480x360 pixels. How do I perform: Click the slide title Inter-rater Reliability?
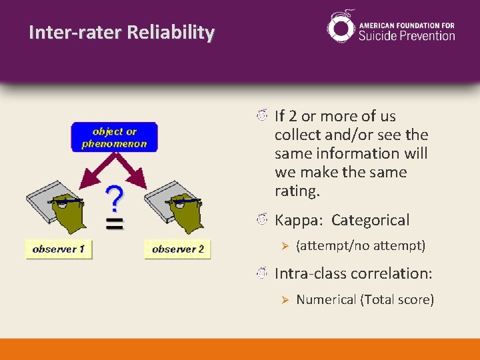coord(122,33)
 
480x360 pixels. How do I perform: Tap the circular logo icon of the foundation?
coord(341,27)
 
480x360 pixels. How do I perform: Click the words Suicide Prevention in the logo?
coord(407,35)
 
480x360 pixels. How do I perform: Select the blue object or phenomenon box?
coord(115,137)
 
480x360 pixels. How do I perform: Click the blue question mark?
coord(115,199)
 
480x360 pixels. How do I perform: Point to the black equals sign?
coord(115,224)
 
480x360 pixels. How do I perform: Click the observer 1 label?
coord(59,249)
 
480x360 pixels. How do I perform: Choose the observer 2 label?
coord(177,249)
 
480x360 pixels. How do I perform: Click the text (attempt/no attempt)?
coord(361,246)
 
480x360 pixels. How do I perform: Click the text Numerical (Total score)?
coord(365,299)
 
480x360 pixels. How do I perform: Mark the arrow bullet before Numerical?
coord(283,300)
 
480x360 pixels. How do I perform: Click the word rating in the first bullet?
coord(297,191)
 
